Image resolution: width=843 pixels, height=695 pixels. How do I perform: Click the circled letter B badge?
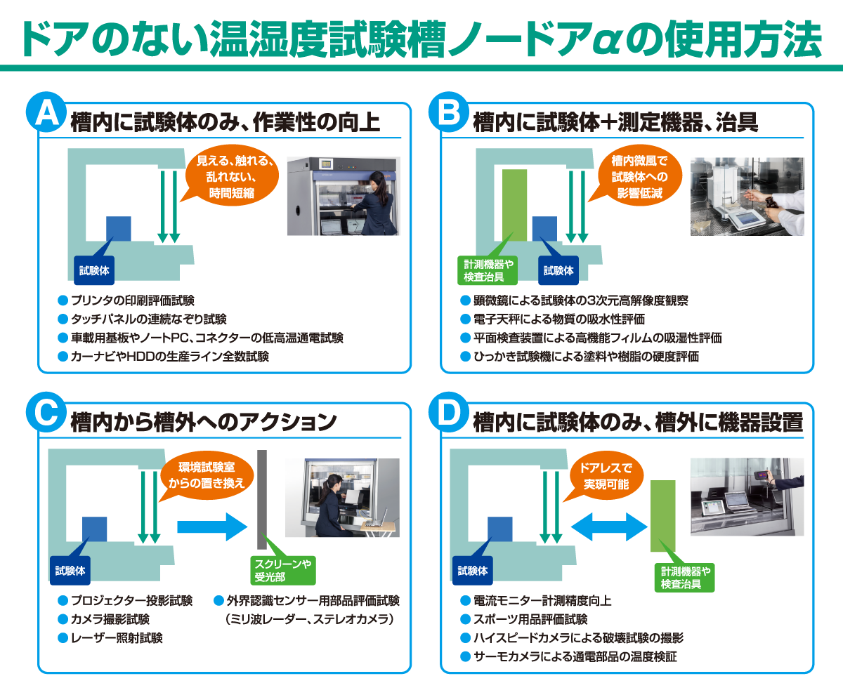448,114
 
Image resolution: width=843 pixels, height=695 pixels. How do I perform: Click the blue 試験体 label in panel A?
94,270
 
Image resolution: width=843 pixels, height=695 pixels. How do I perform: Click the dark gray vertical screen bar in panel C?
262,499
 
